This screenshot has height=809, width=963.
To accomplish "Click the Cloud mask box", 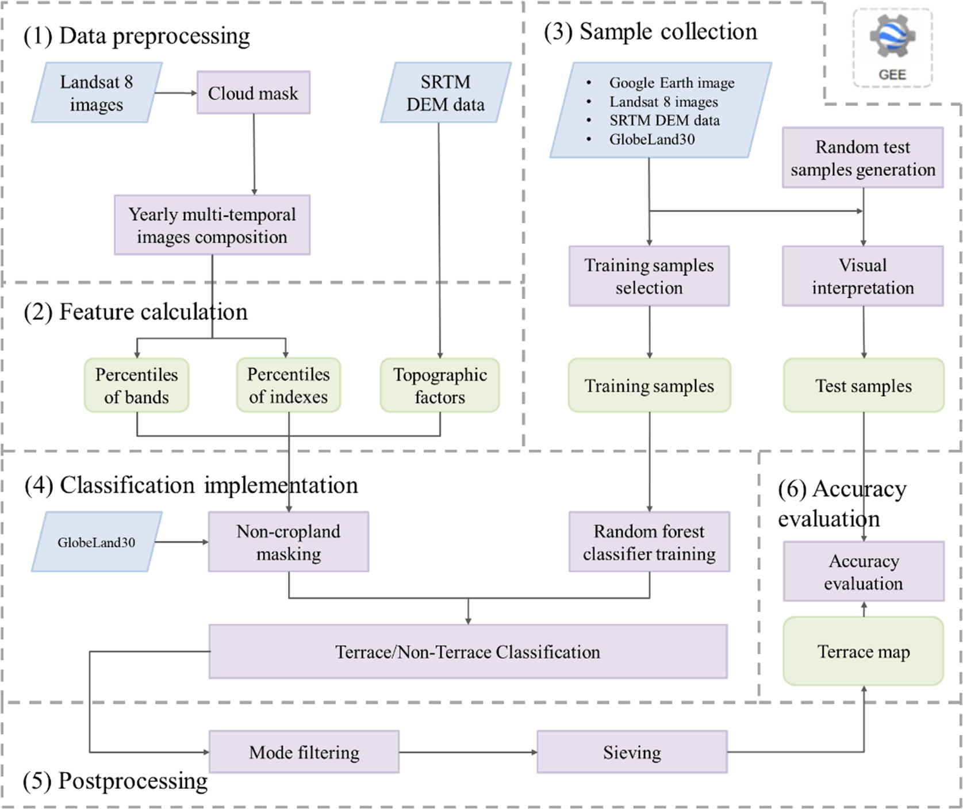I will click(x=254, y=93).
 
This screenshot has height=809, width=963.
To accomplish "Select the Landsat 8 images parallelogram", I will click(x=97, y=93).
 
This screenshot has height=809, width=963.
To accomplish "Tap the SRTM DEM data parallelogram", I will click(x=446, y=93).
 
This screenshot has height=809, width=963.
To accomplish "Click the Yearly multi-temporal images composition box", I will click(x=212, y=225).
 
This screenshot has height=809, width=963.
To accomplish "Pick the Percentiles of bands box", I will click(x=137, y=385).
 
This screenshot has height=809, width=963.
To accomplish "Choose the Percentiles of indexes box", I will click(x=289, y=385).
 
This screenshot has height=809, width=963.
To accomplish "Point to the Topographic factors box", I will click(x=440, y=385).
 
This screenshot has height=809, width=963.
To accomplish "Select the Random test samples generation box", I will click(x=862, y=158).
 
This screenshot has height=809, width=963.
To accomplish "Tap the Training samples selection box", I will click(x=649, y=276).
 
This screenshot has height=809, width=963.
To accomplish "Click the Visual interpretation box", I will click(x=862, y=276).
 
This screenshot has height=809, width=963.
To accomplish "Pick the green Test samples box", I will click(x=864, y=385).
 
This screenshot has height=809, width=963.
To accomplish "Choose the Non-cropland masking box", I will click(x=289, y=542).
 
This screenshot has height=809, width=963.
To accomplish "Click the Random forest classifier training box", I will click(x=649, y=542).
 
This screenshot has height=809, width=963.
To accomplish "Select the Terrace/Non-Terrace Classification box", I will click(x=468, y=651).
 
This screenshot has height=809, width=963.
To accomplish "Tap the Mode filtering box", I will click(x=304, y=752).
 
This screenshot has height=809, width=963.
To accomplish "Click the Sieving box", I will click(x=632, y=752).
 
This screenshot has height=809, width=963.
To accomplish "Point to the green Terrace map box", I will click(x=864, y=651).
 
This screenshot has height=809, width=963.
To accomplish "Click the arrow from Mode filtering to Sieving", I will click(x=468, y=752).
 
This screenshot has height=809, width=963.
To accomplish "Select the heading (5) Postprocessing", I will click(x=116, y=781).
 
